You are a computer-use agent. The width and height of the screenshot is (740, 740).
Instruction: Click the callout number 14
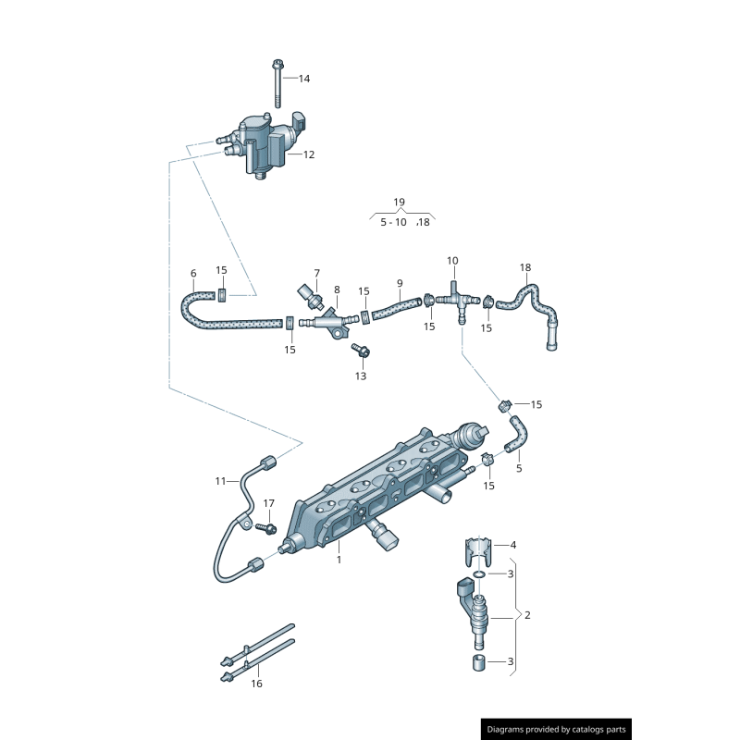304,79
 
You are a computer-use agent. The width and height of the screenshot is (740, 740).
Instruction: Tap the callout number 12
308,154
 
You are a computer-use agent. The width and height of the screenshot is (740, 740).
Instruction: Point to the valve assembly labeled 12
264,143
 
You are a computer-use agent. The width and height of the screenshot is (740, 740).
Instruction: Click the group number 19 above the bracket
399,202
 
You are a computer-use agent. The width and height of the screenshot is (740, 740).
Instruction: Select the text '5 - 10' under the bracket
393,222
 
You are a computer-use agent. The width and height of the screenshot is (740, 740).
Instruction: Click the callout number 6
193,273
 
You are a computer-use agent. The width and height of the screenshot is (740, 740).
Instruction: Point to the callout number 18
525,268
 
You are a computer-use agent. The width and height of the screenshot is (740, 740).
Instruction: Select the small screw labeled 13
361,351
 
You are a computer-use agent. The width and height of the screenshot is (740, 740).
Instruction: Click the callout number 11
220,481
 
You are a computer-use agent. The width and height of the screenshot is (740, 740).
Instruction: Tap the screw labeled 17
266,527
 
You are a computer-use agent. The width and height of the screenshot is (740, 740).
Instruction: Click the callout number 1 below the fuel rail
339,560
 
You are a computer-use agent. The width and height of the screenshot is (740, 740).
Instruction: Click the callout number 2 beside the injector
527,615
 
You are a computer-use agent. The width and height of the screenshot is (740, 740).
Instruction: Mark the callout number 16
256,684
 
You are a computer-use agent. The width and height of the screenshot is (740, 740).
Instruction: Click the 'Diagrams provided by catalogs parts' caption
556,729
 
